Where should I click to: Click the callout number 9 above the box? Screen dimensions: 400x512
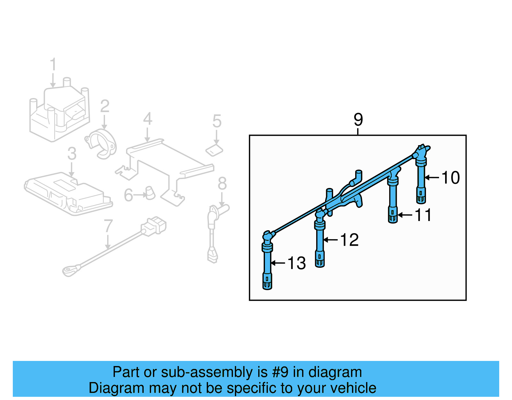pos(358,120)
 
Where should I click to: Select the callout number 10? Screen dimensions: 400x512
pos(451,177)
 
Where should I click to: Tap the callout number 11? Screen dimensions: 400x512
pos(423,215)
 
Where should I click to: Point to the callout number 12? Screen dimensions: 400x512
pos(349,240)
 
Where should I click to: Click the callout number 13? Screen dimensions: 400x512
pos(297,263)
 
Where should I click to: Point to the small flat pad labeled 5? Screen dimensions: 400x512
pos(214,150)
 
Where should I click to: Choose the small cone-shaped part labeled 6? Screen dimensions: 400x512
pos(150,193)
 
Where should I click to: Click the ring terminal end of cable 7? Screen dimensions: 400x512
pos(70,271)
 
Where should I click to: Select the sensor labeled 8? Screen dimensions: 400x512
pos(212,231)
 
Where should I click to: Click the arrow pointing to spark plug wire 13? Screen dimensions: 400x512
pos(278,263)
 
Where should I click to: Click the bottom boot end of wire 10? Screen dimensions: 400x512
pos(421,196)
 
